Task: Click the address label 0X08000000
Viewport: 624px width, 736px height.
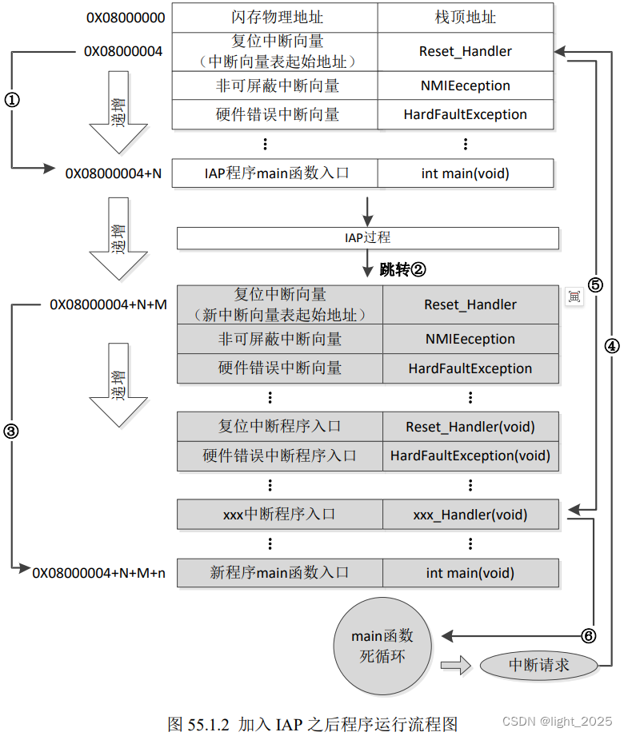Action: point(124,18)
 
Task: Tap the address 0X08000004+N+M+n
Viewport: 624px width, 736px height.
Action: point(99,572)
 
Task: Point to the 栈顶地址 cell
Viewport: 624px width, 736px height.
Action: point(465,18)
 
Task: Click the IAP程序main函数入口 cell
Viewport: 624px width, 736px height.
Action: point(274,173)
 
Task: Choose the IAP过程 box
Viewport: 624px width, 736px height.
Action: point(367,238)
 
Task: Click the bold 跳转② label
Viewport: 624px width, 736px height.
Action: point(402,270)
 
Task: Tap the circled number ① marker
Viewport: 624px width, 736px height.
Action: point(12,99)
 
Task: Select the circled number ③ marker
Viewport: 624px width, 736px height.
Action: point(11,431)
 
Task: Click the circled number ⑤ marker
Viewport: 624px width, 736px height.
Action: point(594,284)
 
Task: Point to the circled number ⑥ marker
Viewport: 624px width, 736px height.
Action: point(588,636)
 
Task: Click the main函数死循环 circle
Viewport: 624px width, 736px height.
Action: point(383,647)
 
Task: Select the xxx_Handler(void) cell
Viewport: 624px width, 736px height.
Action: point(470,515)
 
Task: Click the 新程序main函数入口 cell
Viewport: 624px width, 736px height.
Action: point(279,573)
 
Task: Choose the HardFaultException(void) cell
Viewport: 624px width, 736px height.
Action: point(470,456)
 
